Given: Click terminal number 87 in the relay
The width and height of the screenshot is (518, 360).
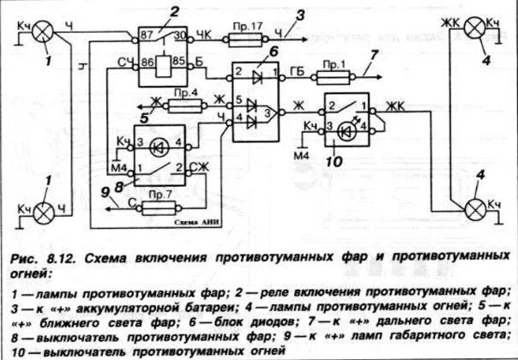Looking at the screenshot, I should [147, 35].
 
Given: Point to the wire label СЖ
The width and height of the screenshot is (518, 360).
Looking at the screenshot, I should [200, 168].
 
